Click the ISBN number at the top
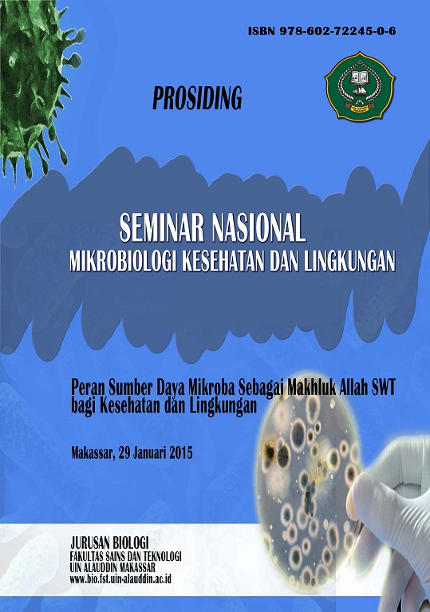338,31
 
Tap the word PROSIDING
197,97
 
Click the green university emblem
359,86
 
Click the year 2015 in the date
180,453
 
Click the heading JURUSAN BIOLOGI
109,543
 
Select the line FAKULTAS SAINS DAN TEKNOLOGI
125,556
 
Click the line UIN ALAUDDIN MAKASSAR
112,567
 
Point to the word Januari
150,453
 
